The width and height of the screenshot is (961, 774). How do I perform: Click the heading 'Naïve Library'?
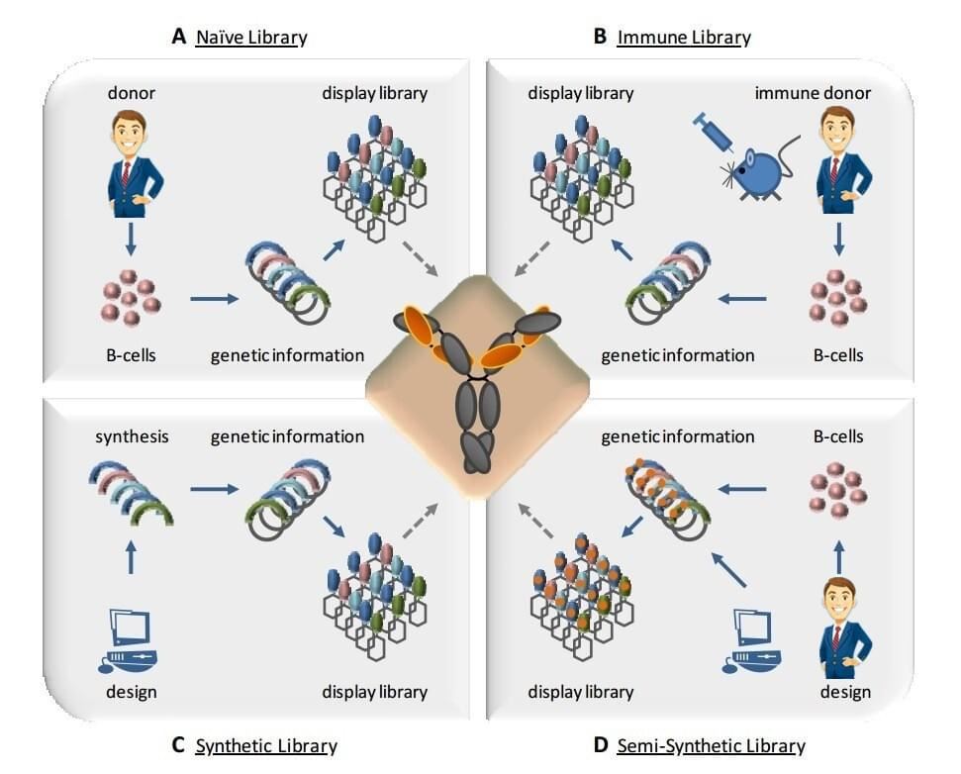(251, 38)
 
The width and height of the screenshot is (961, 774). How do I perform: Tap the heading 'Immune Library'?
(683, 38)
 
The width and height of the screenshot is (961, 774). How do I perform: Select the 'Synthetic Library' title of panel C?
(266, 745)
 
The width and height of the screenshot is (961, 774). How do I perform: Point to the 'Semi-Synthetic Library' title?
(711, 745)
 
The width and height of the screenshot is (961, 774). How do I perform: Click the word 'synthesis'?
(133, 435)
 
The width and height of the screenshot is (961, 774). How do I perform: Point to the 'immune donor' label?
(813, 93)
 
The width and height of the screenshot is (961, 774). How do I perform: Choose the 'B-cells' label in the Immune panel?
(837, 354)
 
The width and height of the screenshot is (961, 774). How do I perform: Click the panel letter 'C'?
(178, 745)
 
